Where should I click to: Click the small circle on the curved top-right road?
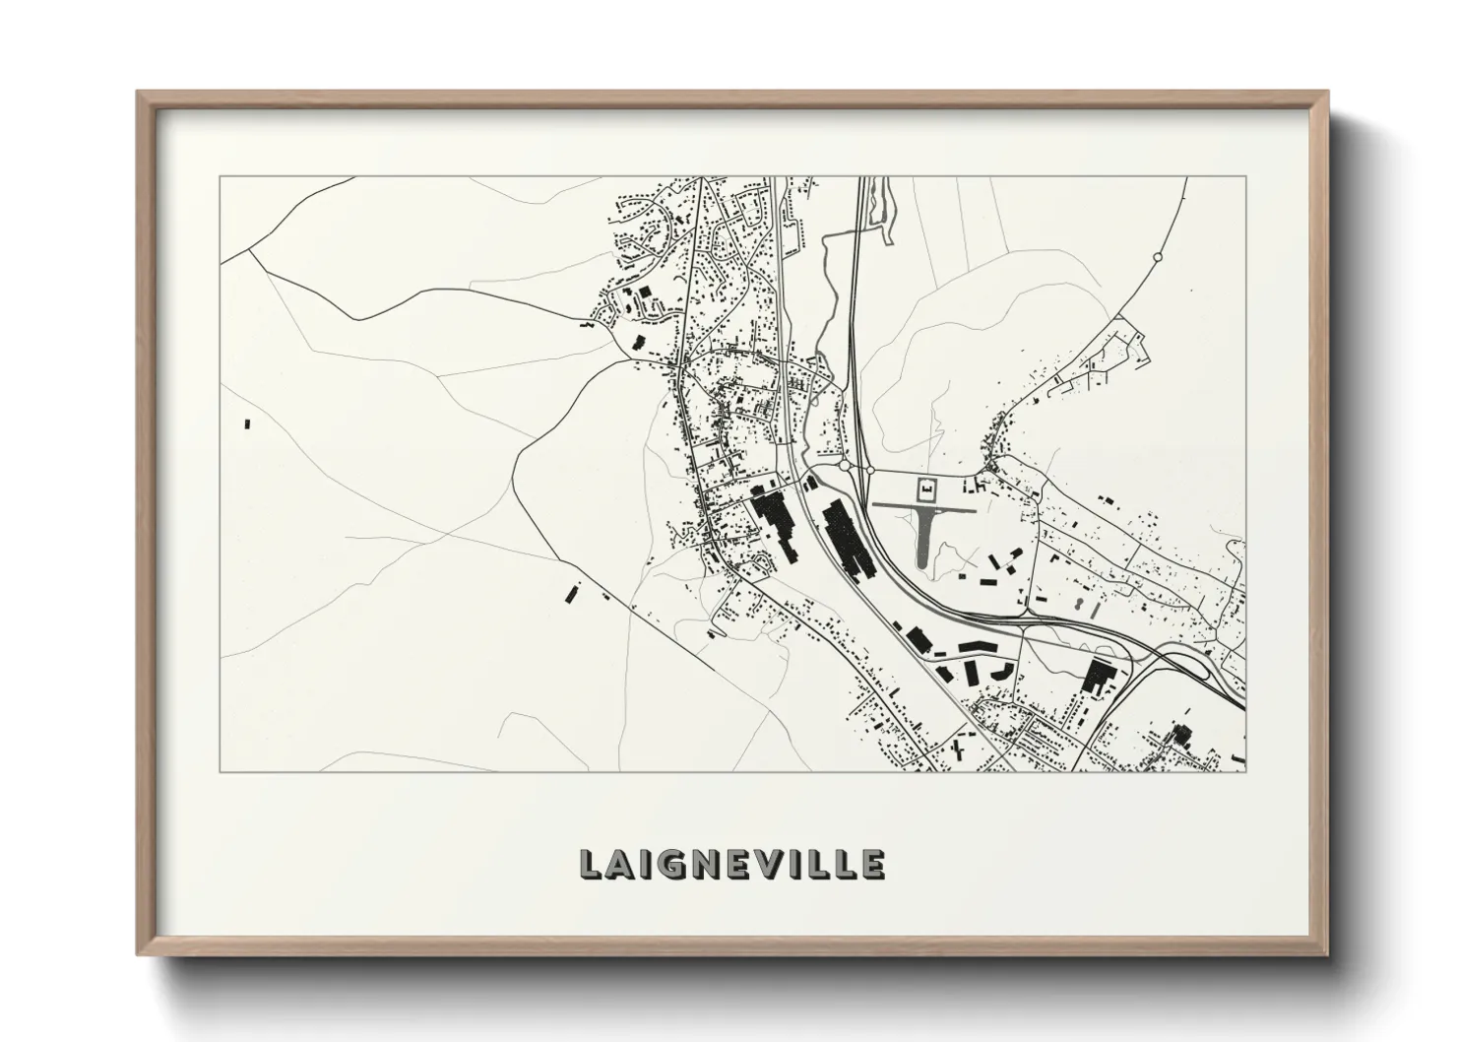click(x=1158, y=257)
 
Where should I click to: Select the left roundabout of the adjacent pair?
click(x=845, y=465)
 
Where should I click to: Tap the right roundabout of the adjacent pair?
click(x=870, y=470)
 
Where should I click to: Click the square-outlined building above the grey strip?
click(x=925, y=488)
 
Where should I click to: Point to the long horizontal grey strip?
click(x=923, y=508)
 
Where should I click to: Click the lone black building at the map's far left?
click(x=247, y=423)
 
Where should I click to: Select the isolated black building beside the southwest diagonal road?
click(x=570, y=591)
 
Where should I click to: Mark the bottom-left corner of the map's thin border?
click(x=220, y=771)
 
